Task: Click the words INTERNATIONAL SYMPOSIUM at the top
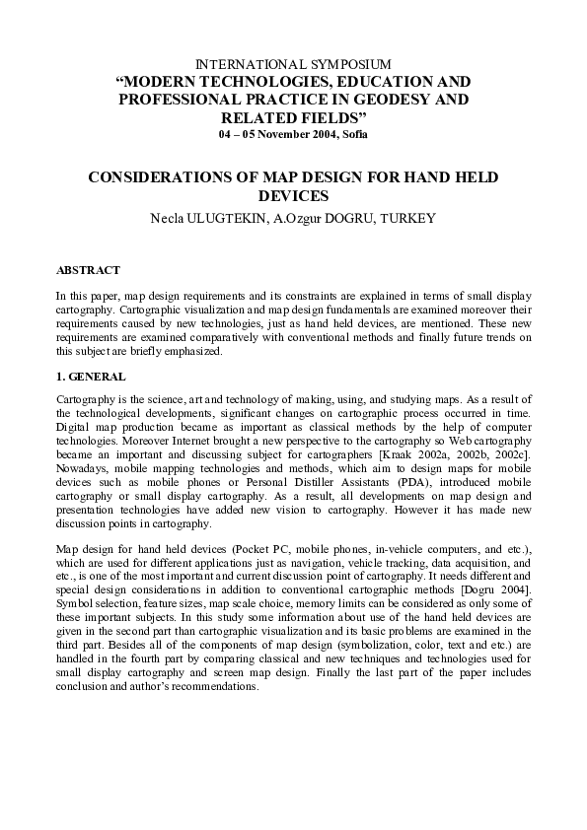pyautogui.click(x=293, y=62)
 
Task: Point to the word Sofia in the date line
pyautogui.click(x=358, y=133)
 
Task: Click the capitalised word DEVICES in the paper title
pyautogui.click(x=293, y=195)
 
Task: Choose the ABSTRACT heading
pyautogui.click(x=89, y=269)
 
